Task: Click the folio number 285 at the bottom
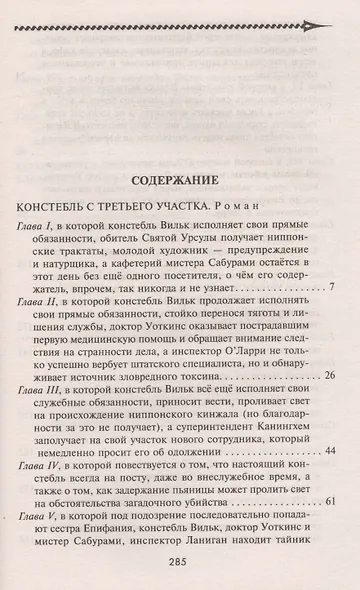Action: click(181, 565)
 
